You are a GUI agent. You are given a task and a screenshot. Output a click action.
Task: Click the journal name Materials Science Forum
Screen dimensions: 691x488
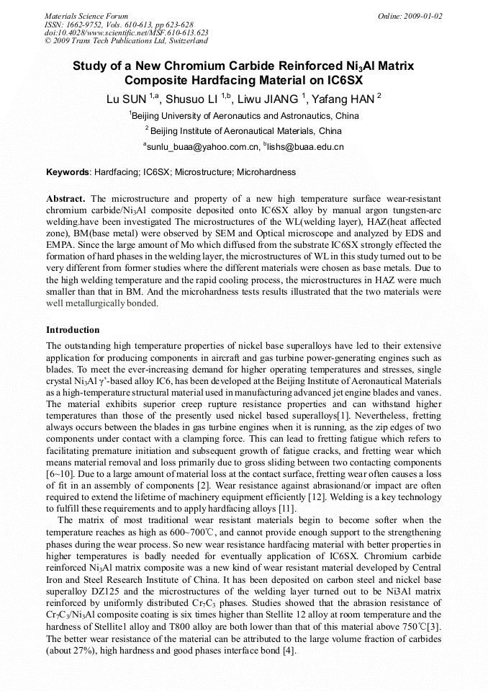[x=86, y=16]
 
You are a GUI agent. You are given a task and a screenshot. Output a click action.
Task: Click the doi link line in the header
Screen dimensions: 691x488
[x=126, y=32]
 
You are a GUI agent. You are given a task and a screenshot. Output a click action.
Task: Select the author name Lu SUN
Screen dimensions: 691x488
[x=127, y=99]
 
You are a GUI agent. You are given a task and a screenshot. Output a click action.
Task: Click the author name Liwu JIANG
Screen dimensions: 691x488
[x=270, y=99]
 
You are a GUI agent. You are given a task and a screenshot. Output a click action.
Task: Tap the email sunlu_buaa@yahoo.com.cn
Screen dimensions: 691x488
[x=202, y=147]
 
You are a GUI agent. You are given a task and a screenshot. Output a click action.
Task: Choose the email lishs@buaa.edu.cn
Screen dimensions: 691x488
[x=305, y=147]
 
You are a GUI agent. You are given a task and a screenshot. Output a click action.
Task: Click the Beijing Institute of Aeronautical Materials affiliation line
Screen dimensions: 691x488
[x=244, y=131]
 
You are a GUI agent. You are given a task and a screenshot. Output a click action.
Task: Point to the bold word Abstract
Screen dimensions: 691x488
[x=65, y=198]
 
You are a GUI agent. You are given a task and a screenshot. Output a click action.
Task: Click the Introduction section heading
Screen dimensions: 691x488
[x=73, y=330]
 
